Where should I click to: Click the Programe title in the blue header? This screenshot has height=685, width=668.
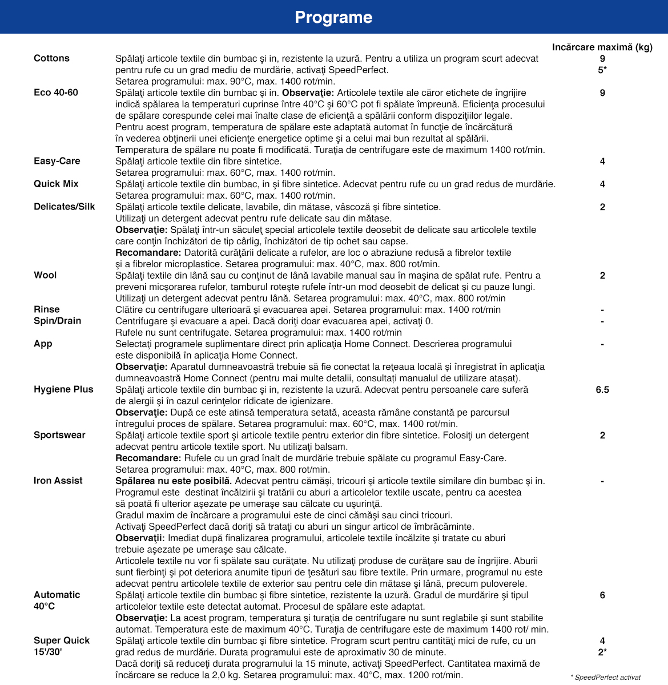click(x=333, y=17)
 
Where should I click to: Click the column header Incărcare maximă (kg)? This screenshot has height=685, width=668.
click(x=602, y=47)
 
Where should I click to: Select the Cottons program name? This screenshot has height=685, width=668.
click(x=51, y=58)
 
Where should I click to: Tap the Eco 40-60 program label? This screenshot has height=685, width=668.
click(x=56, y=92)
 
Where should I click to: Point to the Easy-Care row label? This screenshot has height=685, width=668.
click(x=57, y=161)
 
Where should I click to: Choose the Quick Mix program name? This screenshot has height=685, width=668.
click(x=56, y=184)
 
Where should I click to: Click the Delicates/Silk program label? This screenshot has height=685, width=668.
click(x=65, y=207)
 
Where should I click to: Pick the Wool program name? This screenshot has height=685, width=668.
click(x=45, y=275)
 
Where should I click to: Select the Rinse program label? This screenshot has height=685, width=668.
click(x=47, y=309)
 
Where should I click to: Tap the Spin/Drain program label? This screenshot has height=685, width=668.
click(x=58, y=321)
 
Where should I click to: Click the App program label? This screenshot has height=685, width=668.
click(x=43, y=344)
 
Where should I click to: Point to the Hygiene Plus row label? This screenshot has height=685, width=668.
click(x=63, y=389)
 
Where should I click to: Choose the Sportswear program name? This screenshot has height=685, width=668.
click(x=59, y=435)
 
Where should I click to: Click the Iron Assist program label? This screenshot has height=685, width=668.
click(x=58, y=481)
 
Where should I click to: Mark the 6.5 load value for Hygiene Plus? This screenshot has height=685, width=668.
click(x=602, y=389)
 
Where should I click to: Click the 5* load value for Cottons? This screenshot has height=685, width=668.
click(x=602, y=70)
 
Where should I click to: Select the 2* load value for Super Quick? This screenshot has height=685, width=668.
click(x=602, y=652)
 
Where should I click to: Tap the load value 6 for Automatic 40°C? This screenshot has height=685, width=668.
click(x=602, y=595)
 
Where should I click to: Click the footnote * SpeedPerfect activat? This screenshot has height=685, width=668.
click(x=606, y=677)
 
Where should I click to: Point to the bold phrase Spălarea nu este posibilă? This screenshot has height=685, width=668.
click(x=174, y=481)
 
